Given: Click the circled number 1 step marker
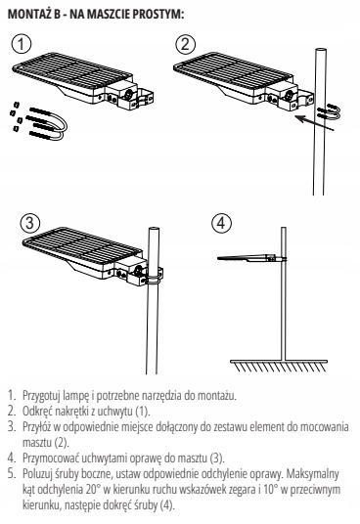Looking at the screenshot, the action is point(22,44).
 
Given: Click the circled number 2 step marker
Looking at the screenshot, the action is point(185,44).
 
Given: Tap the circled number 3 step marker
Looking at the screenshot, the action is point(29,223).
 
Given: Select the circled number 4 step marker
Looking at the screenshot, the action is point(222,223).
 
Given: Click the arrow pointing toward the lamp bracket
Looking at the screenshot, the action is point(315,122).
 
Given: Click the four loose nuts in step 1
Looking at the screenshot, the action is point(16,115).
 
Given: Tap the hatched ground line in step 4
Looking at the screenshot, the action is point(279,366).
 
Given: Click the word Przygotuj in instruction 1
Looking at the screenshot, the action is point(41,396).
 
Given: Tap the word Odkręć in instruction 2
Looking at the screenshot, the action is point(37,411).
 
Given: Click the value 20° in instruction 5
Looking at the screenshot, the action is point(92,490).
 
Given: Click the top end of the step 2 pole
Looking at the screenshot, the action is point(320,50).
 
